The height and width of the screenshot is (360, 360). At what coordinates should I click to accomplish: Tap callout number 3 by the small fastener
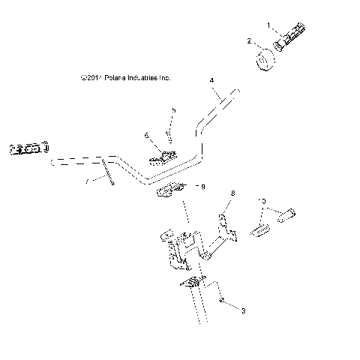coord(241,308)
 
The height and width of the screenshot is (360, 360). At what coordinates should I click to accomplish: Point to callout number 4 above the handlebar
coord(212,80)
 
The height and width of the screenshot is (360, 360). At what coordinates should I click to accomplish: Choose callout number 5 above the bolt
coord(173,110)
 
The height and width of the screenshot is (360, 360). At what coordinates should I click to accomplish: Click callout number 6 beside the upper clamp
coord(147,136)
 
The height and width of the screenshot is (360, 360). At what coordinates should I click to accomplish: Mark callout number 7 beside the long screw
coord(87,181)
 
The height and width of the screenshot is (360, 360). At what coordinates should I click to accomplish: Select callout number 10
coord(262,201)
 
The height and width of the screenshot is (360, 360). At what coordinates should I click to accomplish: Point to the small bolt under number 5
coord(169,135)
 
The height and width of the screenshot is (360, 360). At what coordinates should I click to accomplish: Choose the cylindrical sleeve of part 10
coord(287,214)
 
